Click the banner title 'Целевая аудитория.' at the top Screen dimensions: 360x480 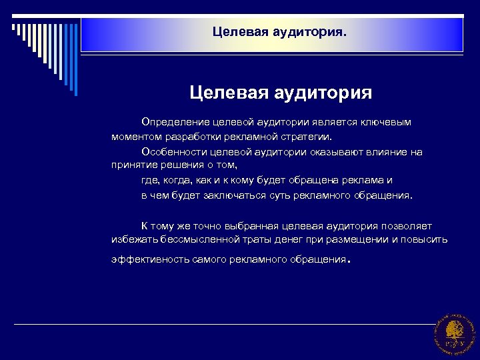coord(279,31)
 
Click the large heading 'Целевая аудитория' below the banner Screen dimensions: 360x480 coord(281,91)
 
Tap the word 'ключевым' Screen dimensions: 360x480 coord(387,123)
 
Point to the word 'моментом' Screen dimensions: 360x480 coord(135,137)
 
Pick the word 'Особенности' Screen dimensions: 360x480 coord(169,152)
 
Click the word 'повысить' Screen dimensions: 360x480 coord(427,239)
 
